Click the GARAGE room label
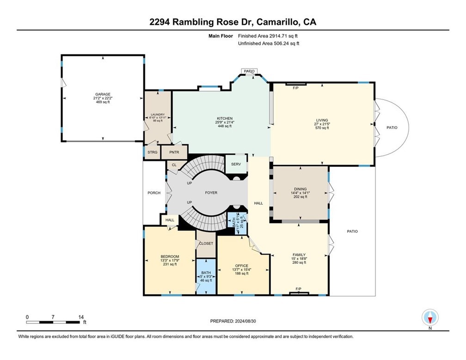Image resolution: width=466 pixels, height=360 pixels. pyautogui.click(x=102, y=94)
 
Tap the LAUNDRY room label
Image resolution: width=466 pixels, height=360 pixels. pyautogui.click(x=158, y=115)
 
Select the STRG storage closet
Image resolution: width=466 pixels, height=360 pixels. pyautogui.click(x=152, y=152)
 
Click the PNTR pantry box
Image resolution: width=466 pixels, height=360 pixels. pyautogui.click(x=174, y=152)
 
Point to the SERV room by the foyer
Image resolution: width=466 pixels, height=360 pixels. pyautogui.click(x=236, y=164)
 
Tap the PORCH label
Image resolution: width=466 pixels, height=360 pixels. pyautogui.click(x=154, y=193)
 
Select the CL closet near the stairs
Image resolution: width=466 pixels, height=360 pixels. pyautogui.click(x=174, y=164)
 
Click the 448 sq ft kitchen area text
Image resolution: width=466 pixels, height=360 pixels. pyautogui.click(x=225, y=126)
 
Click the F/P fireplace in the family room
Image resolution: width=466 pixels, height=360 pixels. pyautogui.click(x=299, y=289)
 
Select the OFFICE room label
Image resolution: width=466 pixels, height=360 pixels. pyautogui.click(x=242, y=266)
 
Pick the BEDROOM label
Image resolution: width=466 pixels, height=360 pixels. pyautogui.click(x=170, y=256)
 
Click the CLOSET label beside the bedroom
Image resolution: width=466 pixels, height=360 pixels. pyautogui.click(x=206, y=243)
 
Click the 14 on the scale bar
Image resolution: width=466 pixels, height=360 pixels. pyautogui.click(x=81, y=317)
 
